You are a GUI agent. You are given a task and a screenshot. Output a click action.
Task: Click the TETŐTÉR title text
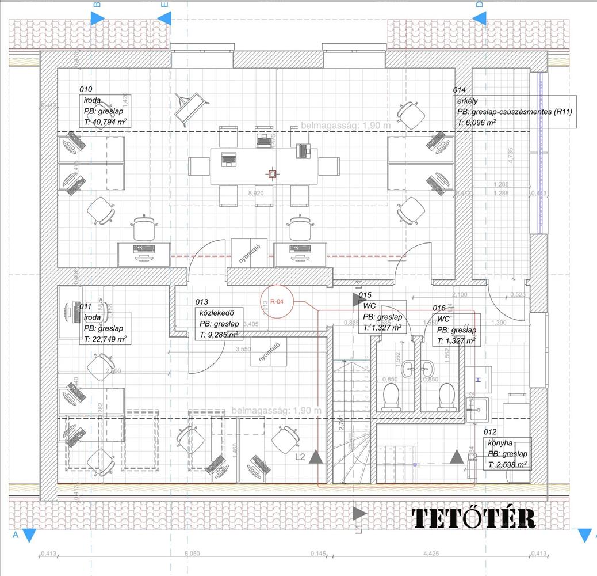pyautogui.click(x=474, y=518)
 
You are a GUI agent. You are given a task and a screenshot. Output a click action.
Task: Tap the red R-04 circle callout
pyautogui.click(x=277, y=301)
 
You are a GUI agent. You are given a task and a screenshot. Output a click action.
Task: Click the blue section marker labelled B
pyautogui.click(x=96, y=17)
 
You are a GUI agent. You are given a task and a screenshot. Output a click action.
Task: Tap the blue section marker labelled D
pyautogui.click(x=479, y=17)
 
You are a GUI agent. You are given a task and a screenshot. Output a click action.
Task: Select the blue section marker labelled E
pyautogui.click(x=164, y=17)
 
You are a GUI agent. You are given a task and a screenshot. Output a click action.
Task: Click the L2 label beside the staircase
pyautogui.click(x=300, y=457)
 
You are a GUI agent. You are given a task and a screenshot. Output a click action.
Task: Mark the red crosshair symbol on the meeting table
pyautogui.click(x=271, y=172)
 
